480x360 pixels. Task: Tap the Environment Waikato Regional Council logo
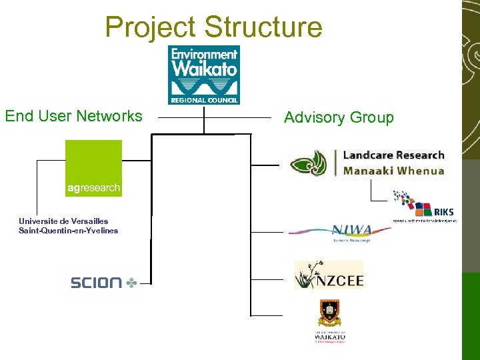pyautogui.click(x=204, y=75)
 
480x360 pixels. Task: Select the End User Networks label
pyautogui.click(x=73, y=116)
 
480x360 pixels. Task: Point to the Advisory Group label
pyautogui.click(x=339, y=117)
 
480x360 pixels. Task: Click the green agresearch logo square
pyautogui.click(x=93, y=168)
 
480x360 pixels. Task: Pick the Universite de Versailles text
pyautogui.click(x=63, y=221)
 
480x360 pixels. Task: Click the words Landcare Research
pyautogui.click(x=393, y=155)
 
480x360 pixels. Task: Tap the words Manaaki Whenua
pyautogui.click(x=393, y=171)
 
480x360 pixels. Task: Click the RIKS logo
pyautogui.click(x=423, y=207)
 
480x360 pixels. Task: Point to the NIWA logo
pyautogui.click(x=340, y=232)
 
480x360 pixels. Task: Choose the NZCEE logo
pyautogui.click(x=329, y=276)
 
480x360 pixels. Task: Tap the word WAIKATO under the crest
pyautogui.click(x=330, y=337)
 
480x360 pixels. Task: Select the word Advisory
pyautogui.click(x=315, y=118)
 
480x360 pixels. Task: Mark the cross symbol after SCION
pyautogui.click(x=132, y=283)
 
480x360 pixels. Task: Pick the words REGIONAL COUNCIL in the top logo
pyautogui.click(x=204, y=100)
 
